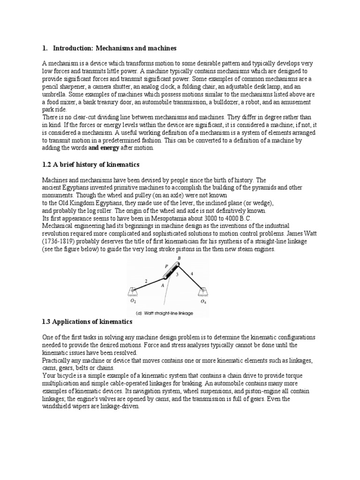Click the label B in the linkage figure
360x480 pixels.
[179, 258]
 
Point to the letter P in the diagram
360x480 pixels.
[166, 265]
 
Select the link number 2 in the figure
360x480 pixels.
[147, 281]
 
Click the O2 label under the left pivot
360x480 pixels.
[133, 302]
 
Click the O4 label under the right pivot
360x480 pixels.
[203, 302]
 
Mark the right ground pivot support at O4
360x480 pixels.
[203, 292]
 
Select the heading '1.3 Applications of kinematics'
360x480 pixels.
[87, 322]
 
